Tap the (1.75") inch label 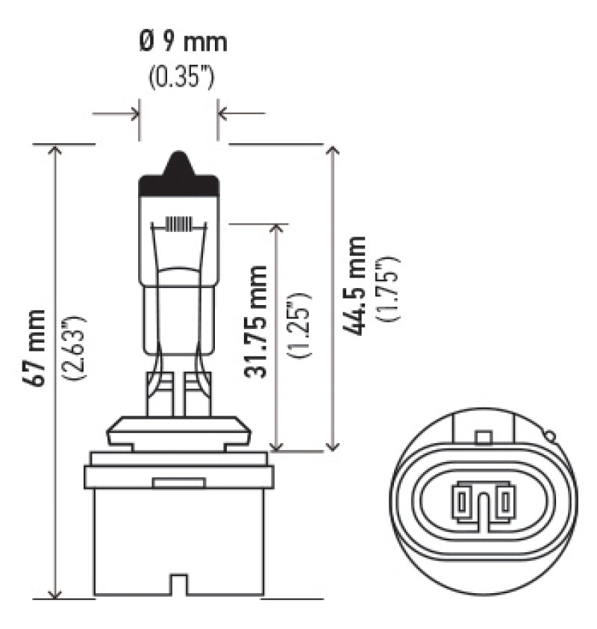(390, 288)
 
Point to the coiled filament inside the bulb (179, 223)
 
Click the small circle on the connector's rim (550, 434)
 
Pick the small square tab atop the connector (483, 436)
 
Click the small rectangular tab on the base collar (179, 483)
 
